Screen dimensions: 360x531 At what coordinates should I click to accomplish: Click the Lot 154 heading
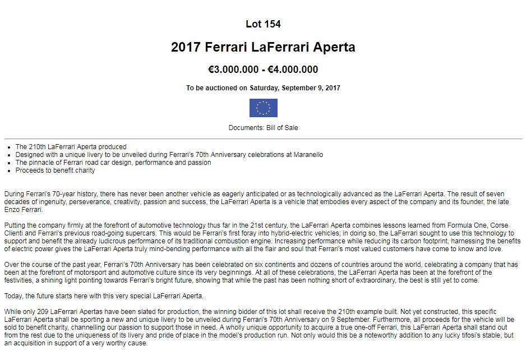coord(263,24)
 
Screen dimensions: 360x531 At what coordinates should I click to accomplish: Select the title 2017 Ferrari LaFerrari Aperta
coord(263,47)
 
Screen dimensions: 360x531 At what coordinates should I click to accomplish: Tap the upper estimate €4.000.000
coord(293,70)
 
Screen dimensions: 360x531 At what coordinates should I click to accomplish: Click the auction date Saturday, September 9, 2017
coord(294,88)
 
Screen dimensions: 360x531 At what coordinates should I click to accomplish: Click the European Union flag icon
coord(263,108)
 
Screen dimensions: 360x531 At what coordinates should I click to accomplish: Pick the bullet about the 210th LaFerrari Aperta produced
coord(71,147)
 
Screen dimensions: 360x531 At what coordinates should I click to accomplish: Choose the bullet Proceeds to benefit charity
coord(55,170)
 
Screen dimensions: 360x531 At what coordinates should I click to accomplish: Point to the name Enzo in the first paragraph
coord(12,209)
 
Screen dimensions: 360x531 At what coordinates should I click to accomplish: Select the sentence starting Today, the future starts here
coord(104,296)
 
